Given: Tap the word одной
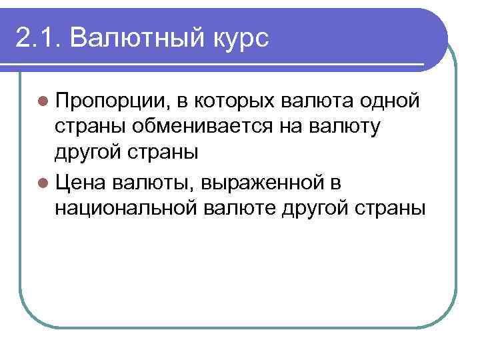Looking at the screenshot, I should tap(389, 101).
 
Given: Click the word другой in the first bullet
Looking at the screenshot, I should tap(87, 153).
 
